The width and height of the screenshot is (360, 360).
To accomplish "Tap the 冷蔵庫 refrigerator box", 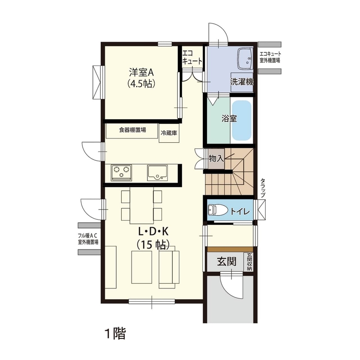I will click(168, 133).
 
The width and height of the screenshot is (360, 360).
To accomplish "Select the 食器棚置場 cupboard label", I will click(132, 130).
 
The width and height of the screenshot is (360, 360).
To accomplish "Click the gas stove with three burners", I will click(122, 173).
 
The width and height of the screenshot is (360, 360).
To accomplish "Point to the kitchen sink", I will click(157, 173).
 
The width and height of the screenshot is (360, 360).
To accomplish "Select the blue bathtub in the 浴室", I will click(242, 121).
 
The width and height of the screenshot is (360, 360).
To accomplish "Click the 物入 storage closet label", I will click(216, 158).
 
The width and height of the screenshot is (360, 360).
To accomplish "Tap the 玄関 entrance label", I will click(226, 261).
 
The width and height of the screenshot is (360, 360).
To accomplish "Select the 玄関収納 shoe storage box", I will click(249, 262).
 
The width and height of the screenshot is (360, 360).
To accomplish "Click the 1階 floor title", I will click(115, 333).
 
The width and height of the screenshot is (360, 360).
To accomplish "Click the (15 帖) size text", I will click(153, 245).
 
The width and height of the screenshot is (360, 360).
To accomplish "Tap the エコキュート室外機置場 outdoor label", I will click(270, 57).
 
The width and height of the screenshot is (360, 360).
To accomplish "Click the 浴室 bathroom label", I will click(229, 119).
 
